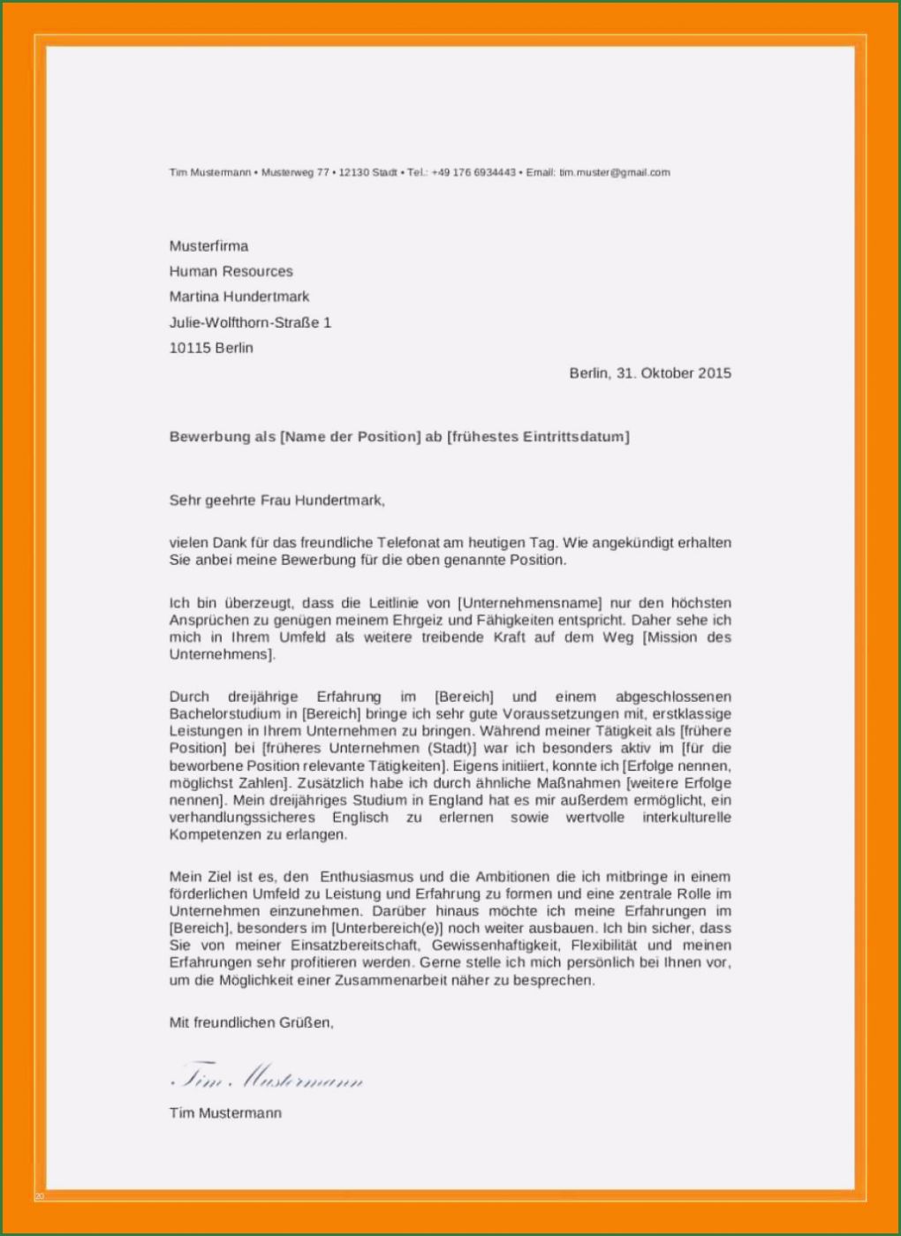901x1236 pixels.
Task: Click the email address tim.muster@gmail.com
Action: (614, 173)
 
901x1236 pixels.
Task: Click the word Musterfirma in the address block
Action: (208, 246)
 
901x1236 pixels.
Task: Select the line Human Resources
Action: (231, 272)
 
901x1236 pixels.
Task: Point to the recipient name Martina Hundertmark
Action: (239, 297)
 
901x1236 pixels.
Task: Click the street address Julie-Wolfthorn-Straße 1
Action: (250, 323)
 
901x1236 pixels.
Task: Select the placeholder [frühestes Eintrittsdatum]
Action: (538, 437)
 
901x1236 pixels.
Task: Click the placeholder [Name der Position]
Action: (351, 437)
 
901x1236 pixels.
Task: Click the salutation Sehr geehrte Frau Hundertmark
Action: (276, 501)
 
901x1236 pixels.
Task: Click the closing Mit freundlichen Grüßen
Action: (251, 1023)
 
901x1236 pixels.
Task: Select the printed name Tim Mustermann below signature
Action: (225, 1113)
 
